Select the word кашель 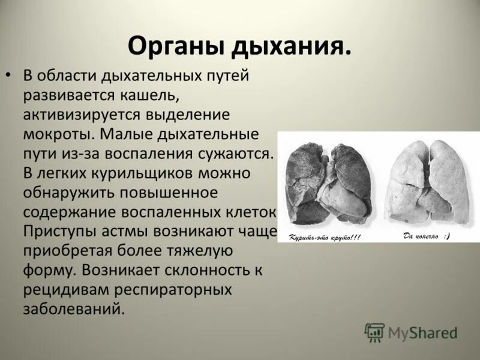(x=146, y=95)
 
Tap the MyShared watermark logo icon (x=374, y=332)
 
